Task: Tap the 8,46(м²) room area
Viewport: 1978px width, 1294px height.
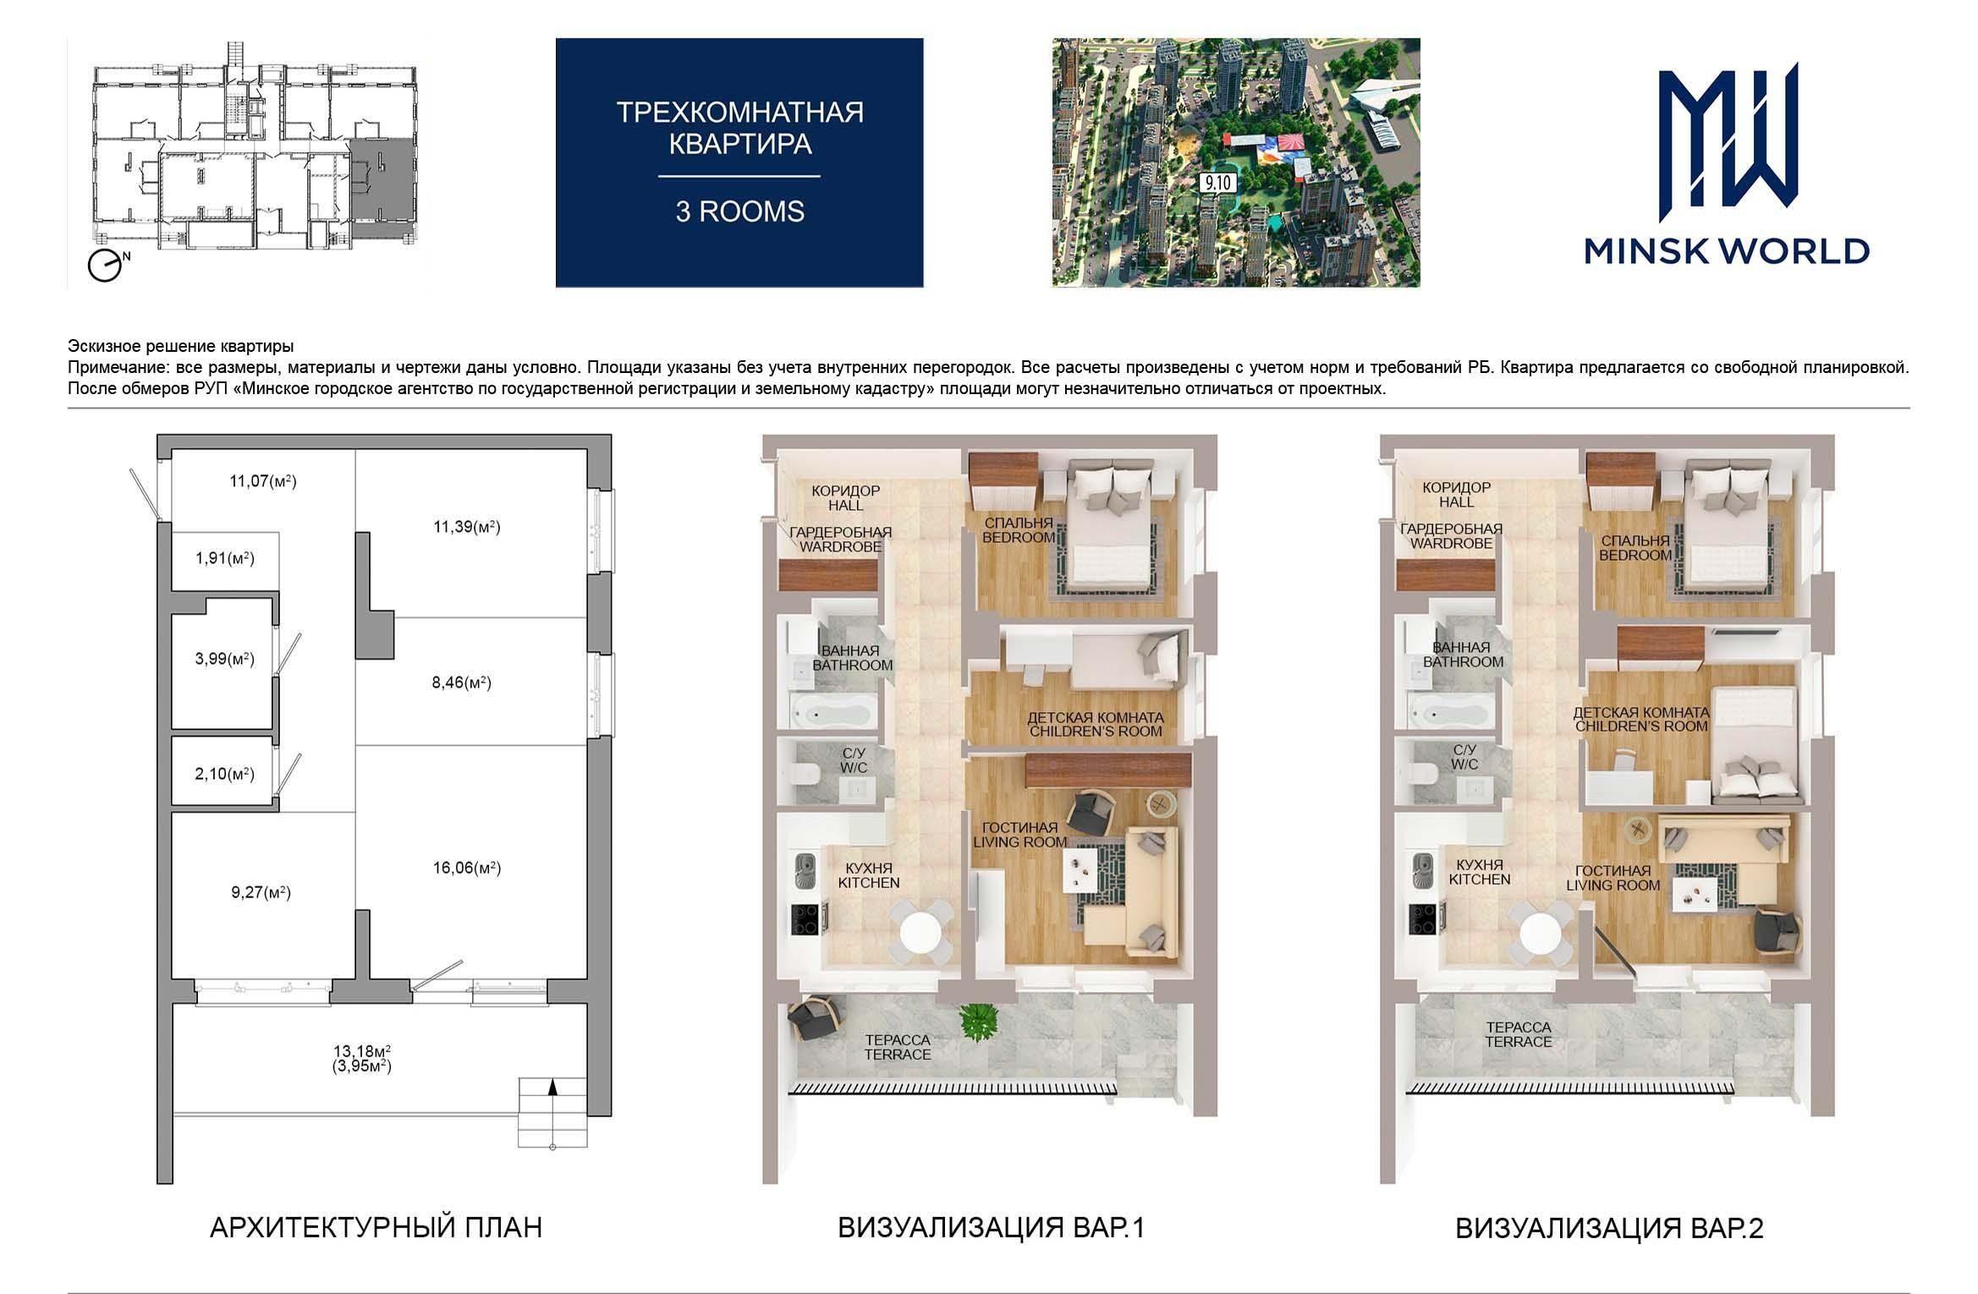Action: (461, 683)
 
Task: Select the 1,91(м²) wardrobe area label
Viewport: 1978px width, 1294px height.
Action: (225, 559)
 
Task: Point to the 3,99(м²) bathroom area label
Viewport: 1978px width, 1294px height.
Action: (225, 659)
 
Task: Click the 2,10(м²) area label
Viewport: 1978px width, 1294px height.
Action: (225, 774)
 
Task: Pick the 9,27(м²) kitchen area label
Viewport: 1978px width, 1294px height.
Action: (261, 892)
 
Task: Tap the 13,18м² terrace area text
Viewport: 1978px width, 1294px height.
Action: (361, 1051)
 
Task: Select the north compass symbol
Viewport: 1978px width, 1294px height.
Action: (107, 266)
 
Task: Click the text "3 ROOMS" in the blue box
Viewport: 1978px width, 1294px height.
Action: (739, 211)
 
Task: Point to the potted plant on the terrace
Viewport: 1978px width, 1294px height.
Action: (978, 1022)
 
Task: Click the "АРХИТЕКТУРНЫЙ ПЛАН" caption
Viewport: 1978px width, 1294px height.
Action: (376, 1227)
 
